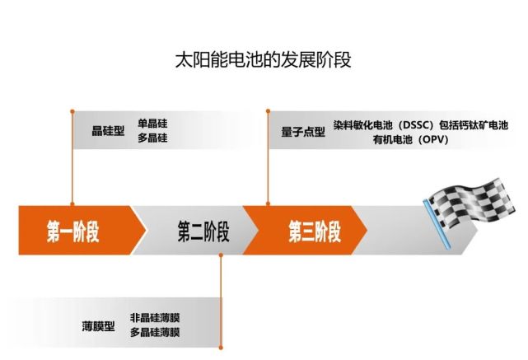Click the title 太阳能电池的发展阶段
tap(263, 60)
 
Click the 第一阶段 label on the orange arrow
tap(73, 231)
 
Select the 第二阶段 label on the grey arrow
tap(203, 231)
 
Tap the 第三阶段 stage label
tap(315, 231)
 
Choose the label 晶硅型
tap(108, 131)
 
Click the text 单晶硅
tap(152, 124)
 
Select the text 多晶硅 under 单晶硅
tap(152, 138)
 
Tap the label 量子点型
tap(303, 132)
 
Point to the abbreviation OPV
tap(434, 139)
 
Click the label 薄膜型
tap(98, 326)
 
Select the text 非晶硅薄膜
tap(155, 317)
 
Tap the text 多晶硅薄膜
tap(155, 332)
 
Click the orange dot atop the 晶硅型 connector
tap(72, 111)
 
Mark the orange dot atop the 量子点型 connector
tap(268, 110)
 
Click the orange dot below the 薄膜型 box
tap(221, 348)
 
